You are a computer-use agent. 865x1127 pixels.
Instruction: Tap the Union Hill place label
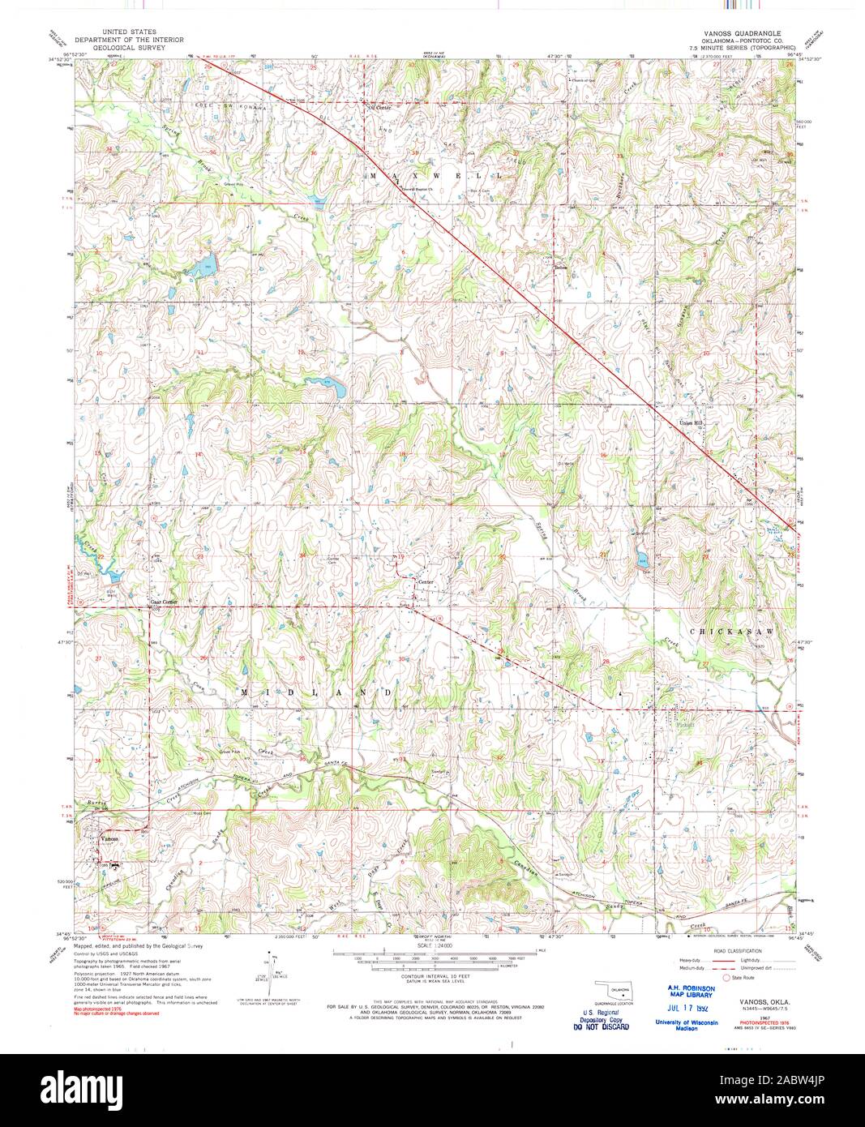pyautogui.click(x=689, y=422)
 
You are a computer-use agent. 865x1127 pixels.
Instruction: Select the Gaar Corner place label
pyautogui.click(x=163, y=602)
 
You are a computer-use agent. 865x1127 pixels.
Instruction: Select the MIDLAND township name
pyautogui.click(x=318, y=692)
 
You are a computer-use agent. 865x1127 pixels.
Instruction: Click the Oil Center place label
pyautogui.click(x=379, y=107)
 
